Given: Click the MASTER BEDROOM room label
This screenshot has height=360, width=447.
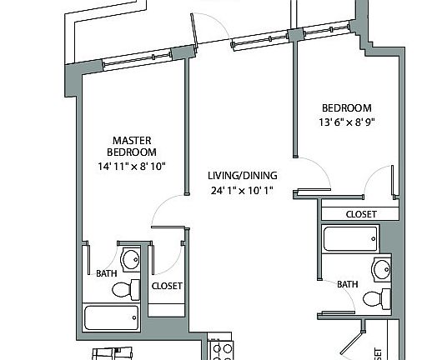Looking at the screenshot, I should (132, 146).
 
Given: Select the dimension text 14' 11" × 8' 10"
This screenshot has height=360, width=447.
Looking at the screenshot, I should (132, 166).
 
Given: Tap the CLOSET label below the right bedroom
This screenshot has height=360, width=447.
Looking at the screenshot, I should (360, 214).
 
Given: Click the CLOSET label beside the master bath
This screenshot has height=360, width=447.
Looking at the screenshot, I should (167, 286).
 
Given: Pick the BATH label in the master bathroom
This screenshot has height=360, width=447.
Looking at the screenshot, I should (107, 272).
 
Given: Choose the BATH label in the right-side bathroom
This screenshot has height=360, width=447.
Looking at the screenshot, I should (348, 284).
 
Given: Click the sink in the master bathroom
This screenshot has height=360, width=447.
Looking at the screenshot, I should (131, 261).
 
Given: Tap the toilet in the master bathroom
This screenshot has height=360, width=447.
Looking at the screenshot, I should (125, 289).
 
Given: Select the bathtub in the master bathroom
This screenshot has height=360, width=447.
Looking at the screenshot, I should (112, 317).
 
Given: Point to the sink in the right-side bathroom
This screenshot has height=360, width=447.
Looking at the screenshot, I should (382, 270).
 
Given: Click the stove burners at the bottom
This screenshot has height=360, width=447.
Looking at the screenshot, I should (221, 350).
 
